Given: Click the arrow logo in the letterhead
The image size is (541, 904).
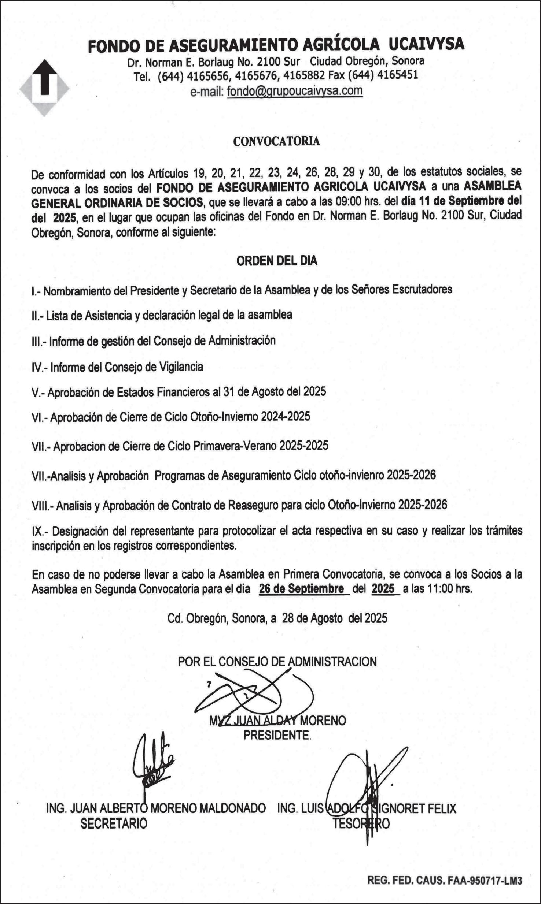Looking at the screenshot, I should click(x=44, y=88).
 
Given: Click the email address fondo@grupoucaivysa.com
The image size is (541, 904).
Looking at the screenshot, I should click(x=295, y=91).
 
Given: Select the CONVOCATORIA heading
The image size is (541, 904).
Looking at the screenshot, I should click(x=276, y=141).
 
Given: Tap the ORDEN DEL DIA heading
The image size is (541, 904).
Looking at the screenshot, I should click(x=277, y=261).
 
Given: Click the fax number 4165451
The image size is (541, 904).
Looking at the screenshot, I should click(x=398, y=75).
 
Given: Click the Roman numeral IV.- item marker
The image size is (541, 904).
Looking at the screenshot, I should click(x=39, y=367).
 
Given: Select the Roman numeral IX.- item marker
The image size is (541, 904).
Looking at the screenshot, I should click(x=40, y=531).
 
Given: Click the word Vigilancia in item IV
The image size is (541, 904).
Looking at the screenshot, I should click(x=181, y=367).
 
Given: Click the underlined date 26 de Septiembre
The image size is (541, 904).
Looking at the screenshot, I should click(x=301, y=589).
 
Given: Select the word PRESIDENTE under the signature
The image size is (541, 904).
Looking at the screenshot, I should click(x=277, y=735).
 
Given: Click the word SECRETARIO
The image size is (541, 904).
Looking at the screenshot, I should click(x=114, y=823).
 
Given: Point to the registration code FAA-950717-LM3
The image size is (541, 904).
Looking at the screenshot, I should click(x=485, y=881).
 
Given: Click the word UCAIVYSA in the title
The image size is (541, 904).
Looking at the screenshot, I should click(x=426, y=45).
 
